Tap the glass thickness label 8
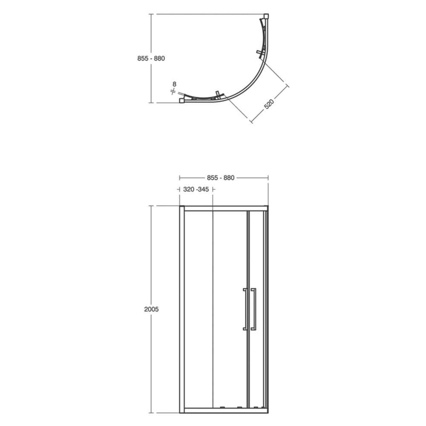tap(174, 84)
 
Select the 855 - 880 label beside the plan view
tap(151, 58)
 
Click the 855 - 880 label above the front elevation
tap(221, 178)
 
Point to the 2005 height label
tap(151, 309)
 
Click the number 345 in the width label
tap(203, 190)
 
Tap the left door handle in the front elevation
tap(245, 309)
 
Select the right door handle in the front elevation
tap(253, 309)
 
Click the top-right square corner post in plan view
tap(266, 16)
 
